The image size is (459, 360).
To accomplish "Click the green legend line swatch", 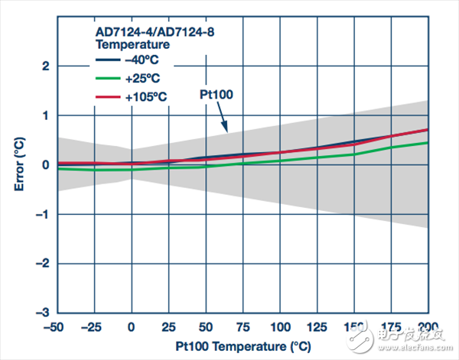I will [x=107, y=77].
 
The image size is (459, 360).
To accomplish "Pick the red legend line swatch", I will [x=107, y=96].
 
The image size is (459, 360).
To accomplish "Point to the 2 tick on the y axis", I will [x=47, y=66].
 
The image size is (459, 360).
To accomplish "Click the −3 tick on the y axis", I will [x=44, y=313].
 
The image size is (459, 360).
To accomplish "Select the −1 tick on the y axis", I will [x=44, y=215].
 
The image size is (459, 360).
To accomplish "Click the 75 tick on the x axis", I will [x=244, y=326].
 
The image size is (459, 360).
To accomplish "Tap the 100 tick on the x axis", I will [x=281, y=326].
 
